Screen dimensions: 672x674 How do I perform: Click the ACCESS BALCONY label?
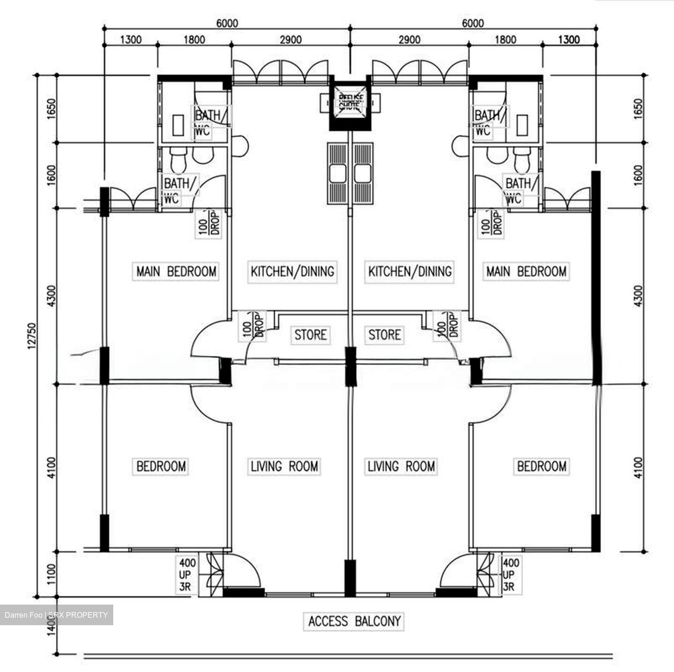coord(354,621)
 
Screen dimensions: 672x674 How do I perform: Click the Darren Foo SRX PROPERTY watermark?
coord(56,615)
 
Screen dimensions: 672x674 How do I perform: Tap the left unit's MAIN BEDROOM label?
coord(176,271)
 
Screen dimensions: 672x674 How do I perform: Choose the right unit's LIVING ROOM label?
coord(401,466)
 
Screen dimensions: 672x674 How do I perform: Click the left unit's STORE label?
coord(310,335)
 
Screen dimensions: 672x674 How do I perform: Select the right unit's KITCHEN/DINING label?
coord(410,271)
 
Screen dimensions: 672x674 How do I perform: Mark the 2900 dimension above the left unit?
coord(290,40)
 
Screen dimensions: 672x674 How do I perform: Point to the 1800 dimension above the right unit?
coord(505,40)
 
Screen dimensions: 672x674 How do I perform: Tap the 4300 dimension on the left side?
coord(51,296)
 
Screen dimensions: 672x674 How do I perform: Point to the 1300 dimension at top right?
coord(569,40)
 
